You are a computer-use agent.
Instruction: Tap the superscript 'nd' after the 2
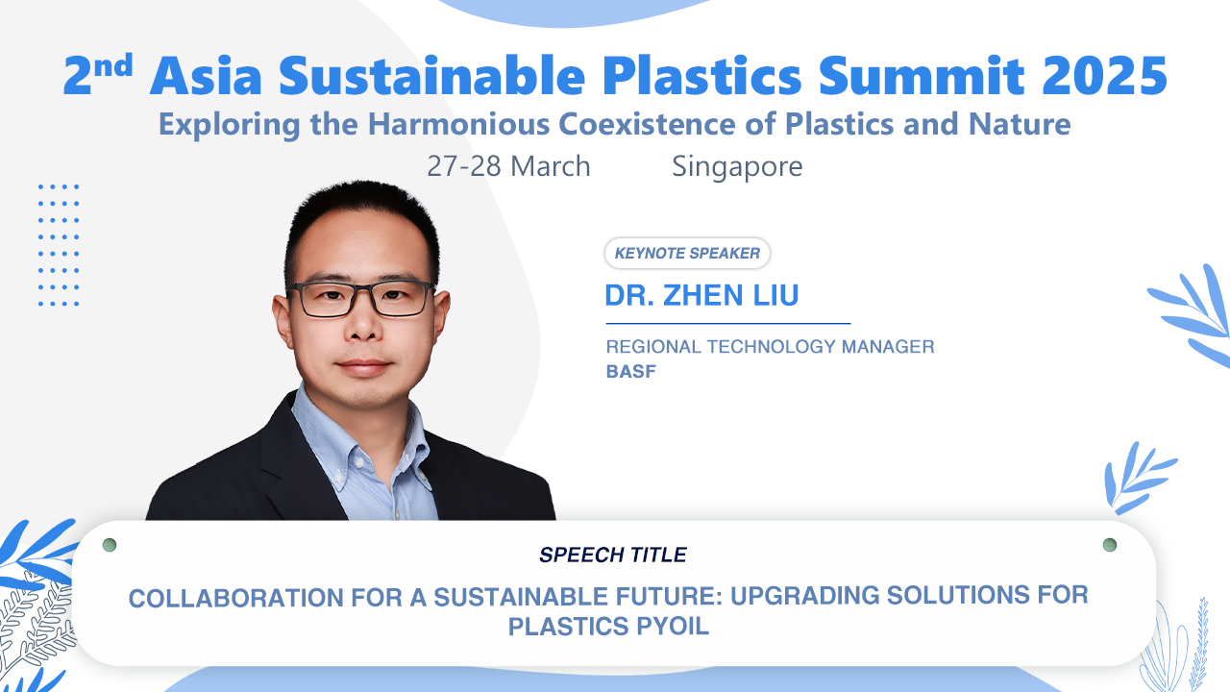click(x=113, y=65)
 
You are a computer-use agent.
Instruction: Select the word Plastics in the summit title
click(x=701, y=76)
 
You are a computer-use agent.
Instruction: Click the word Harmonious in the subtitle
click(x=458, y=124)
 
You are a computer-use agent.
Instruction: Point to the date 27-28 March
click(x=508, y=166)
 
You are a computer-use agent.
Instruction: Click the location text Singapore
click(x=737, y=166)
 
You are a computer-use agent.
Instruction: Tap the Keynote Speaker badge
click(x=687, y=253)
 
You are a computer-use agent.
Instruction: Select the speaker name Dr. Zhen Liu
click(x=701, y=295)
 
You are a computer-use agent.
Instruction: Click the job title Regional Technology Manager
click(x=770, y=347)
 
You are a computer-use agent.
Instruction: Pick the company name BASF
click(x=631, y=372)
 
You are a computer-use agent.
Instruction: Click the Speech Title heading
click(x=613, y=555)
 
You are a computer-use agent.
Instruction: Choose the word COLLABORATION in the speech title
click(x=236, y=598)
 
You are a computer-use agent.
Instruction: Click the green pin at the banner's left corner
click(x=110, y=545)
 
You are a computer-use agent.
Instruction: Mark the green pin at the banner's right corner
click(x=1110, y=545)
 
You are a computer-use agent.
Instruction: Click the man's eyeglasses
click(x=360, y=299)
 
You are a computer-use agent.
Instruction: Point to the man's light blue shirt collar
click(x=359, y=439)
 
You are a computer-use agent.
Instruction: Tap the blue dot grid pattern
click(x=59, y=245)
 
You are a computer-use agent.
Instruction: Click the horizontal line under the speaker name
click(x=728, y=324)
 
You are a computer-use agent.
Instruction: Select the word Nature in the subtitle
click(x=1020, y=124)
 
